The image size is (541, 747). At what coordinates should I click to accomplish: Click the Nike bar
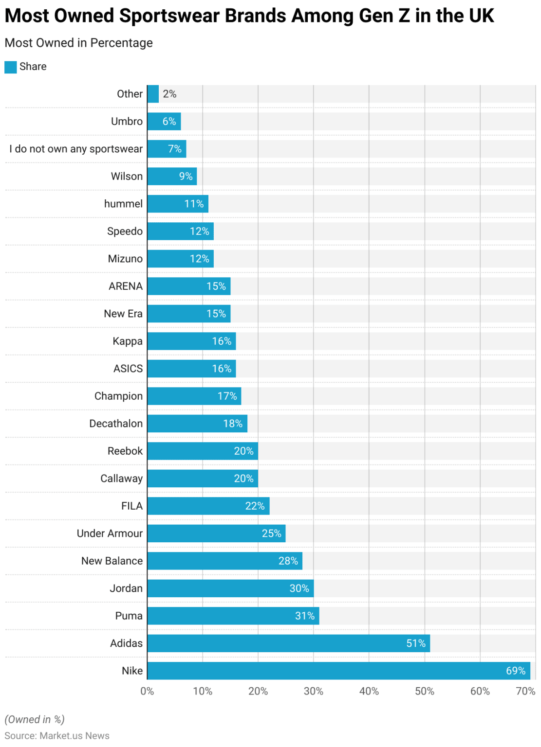pyautogui.click(x=338, y=671)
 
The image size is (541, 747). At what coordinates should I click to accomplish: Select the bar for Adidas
pyautogui.click(x=288, y=643)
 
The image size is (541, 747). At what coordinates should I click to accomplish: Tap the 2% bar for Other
pyautogui.click(x=153, y=94)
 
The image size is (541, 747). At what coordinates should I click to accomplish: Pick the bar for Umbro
pyautogui.click(x=164, y=121)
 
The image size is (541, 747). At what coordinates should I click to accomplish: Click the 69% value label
pyautogui.click(x=516, y=671)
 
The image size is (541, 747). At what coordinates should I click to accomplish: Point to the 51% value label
pyautogui.click(x=416, y=643)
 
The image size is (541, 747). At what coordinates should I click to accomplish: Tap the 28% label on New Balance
pyautogui.click(x=288, y=561)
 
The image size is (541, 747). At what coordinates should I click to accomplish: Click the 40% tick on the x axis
pyautogui.click(x=369, y=691)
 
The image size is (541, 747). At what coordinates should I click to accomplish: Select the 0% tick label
pyautogui.click(x=147, y=691)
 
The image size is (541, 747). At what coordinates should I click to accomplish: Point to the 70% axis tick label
pyautogui.click(x=525, y=691)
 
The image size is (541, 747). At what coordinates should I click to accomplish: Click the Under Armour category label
pyautogui.click(x=110, y=534)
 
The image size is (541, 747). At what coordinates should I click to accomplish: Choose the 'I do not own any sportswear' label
pyautogui.click(x=76, y=149)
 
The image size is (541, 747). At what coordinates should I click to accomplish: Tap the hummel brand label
pyautogui.click(x=123, y=204)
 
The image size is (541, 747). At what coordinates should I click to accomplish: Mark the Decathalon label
pyautogui.click(x=116, y=424)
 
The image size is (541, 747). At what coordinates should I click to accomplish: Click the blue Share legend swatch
pyautogui.click(x=11, y=67)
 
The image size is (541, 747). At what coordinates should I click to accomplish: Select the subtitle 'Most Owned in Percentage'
pyautogui.click(x=78, y=43)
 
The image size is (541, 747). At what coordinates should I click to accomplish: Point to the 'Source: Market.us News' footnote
pyautogui.click(x=57, y=735)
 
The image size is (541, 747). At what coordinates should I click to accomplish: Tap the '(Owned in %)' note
pyautogui.click(x=35, y=719)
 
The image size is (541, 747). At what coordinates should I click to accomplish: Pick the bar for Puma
pyautogui.click(x=233, y=616)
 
